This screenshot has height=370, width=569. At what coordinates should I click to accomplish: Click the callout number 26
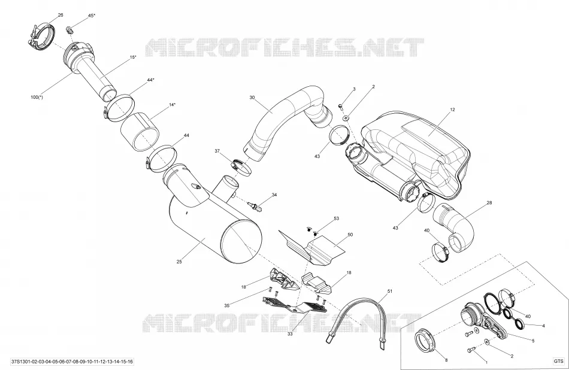click(x=60, y=15)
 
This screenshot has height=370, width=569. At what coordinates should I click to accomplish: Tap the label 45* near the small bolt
click(x=92, y=16)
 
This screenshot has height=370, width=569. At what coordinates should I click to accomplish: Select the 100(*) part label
click(x=37, y=97)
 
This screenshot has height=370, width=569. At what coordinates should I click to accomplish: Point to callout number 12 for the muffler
click(x=452, y=109)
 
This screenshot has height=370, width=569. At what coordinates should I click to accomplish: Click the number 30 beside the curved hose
click(x=252, y=97)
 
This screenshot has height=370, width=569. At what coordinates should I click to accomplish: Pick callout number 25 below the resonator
click(x=179, y=262)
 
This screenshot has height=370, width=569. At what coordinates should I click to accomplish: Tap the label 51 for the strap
click(x=390, y=291)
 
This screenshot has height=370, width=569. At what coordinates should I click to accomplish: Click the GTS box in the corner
click(x=558, y=361)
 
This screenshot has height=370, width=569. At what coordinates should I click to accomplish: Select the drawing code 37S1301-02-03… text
click(x=72, y=362)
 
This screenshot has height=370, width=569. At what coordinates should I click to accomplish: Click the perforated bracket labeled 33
click(x=295, y=305)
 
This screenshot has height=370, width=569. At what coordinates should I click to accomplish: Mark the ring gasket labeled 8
click(x=426, y=340)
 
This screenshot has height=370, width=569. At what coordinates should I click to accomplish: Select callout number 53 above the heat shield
click(x=336, y=219)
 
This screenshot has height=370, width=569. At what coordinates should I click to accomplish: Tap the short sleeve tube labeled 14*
click(x=140, y=131)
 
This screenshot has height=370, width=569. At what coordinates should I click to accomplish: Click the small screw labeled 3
click(x=341, y=106)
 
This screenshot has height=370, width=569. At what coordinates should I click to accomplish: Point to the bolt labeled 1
click(x=471, y=350)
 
